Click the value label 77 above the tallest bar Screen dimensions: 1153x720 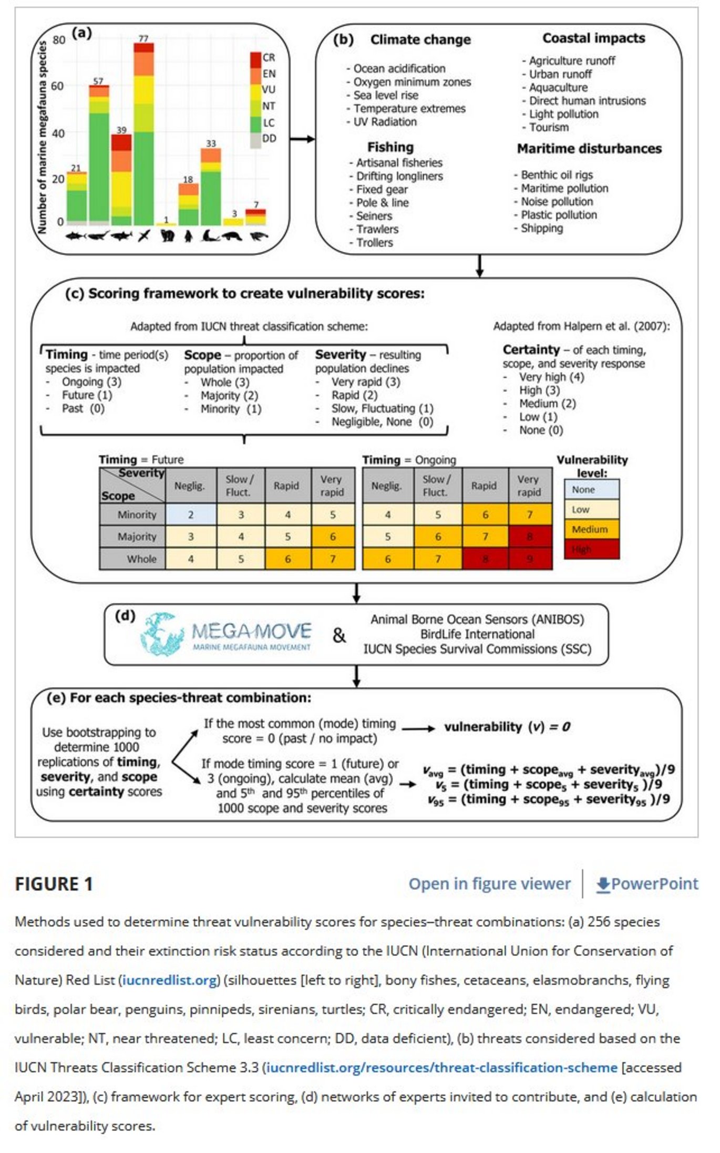click(143, 38)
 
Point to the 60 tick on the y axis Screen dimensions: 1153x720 click(57, 86)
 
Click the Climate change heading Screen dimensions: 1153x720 click(420, 40)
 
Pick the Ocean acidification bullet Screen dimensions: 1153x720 click(399, 69)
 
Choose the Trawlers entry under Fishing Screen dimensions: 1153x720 click(377, 229)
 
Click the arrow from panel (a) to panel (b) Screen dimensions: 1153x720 click(302, 139)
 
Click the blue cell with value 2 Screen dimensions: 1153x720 click(191, 514)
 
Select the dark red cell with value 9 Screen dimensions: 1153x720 click(530, 559)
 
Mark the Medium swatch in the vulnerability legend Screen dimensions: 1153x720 click(591, 529)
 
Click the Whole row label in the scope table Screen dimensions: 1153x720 click(141, 559)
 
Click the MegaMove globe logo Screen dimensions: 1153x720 click(162, 634)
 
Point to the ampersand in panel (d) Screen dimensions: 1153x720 click(340, 635)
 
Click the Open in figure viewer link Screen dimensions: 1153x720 click(489, 883)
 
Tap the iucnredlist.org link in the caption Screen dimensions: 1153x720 click(169, 980)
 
